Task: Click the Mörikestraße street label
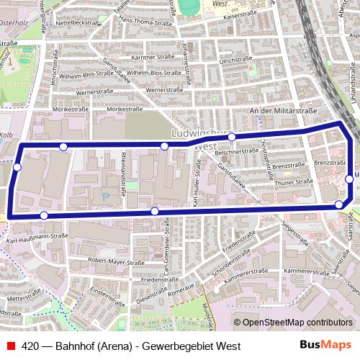(x=70, y=107)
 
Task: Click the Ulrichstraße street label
(x=234, y=61)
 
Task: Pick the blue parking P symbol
(x=107, y=195)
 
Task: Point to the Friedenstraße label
(x=159, y=279)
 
